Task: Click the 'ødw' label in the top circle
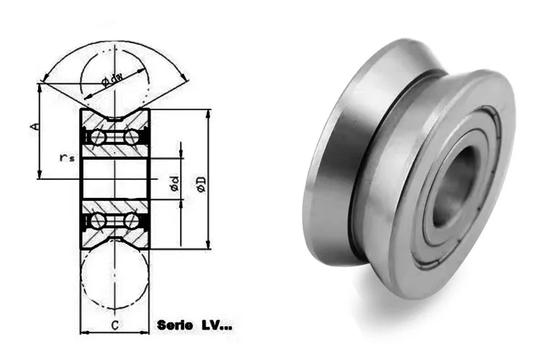[x=112, y=79]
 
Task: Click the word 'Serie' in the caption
[x=175, y=325]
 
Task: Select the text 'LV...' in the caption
[x=215, y=325]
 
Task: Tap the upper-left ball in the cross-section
[x=97, y=136]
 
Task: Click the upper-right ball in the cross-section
[x=133, y=136]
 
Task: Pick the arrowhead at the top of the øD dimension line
[x=209, y=114]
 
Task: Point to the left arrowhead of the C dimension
[x=83, y=333]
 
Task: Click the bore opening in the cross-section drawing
[x=115, y=177]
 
